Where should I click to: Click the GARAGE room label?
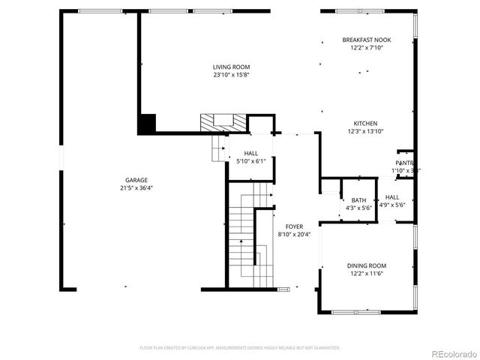(136, 180)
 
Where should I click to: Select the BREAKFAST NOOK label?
(366, 40)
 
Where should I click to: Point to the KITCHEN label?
(365, 124)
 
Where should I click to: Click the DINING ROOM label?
(366, 265)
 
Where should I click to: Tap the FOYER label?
(293, 226)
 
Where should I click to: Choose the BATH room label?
(358, 199)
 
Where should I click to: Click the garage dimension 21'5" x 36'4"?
(136, 188)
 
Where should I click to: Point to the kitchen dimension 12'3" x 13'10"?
(365, 132)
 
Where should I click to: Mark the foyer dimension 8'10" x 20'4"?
(293, 234)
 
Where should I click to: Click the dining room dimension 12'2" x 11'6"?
(366, 274)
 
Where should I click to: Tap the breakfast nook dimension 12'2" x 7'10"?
(366, 48)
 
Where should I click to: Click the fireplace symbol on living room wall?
(222, 121)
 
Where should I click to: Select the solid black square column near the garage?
(147, 123)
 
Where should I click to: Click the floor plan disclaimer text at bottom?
(240, 348)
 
